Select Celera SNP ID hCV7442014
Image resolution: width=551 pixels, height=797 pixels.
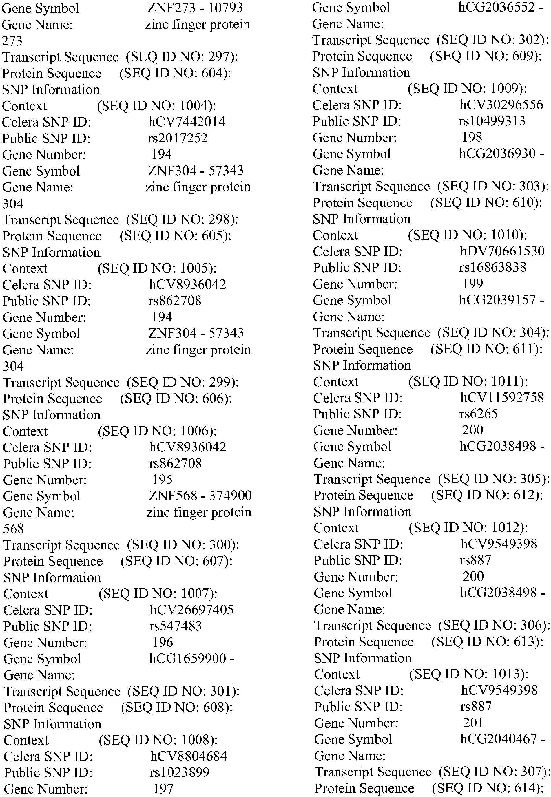(187, 122)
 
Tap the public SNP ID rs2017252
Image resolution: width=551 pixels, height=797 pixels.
(178, 138)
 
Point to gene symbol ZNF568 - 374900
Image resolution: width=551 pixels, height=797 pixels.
(200, 496)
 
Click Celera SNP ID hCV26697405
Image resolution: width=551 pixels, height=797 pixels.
(191, 610)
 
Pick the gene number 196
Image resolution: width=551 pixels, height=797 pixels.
(163, 642)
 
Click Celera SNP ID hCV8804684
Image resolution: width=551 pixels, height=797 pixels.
(189, 756)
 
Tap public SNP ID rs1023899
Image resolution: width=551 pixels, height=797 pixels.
(180, 772)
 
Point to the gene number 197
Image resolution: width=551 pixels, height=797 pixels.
(163, 789)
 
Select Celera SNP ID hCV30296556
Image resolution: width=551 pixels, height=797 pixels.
(501, 105)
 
